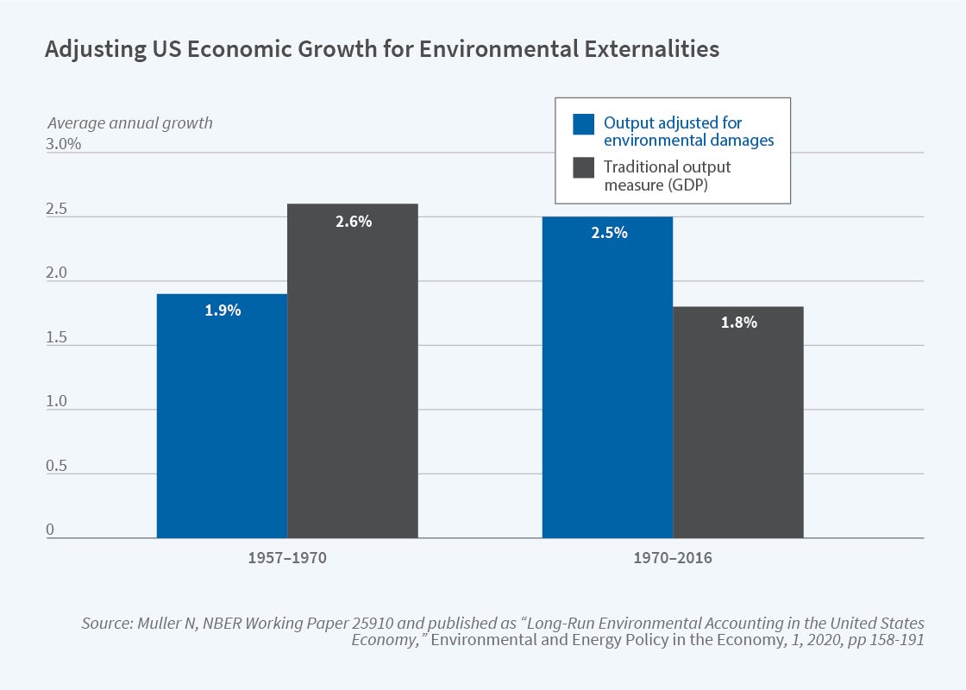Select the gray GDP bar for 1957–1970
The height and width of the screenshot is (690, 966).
(353, 371)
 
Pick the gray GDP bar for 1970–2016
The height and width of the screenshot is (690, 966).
(738, 423)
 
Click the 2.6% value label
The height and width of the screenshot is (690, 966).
(354, 222)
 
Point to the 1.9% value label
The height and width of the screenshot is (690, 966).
(223, 310)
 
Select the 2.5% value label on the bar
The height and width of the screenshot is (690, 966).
(609, 233)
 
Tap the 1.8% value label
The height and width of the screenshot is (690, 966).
(739, 323)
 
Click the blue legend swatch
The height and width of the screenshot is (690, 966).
(584, 123)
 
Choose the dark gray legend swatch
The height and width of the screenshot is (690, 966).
(584, 167)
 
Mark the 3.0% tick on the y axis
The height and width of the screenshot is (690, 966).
(64, 144)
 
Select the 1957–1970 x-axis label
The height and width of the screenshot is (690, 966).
(287, 558)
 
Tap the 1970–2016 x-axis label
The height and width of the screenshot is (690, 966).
(673, 558)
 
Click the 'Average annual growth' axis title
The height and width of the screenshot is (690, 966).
(129, 122)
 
